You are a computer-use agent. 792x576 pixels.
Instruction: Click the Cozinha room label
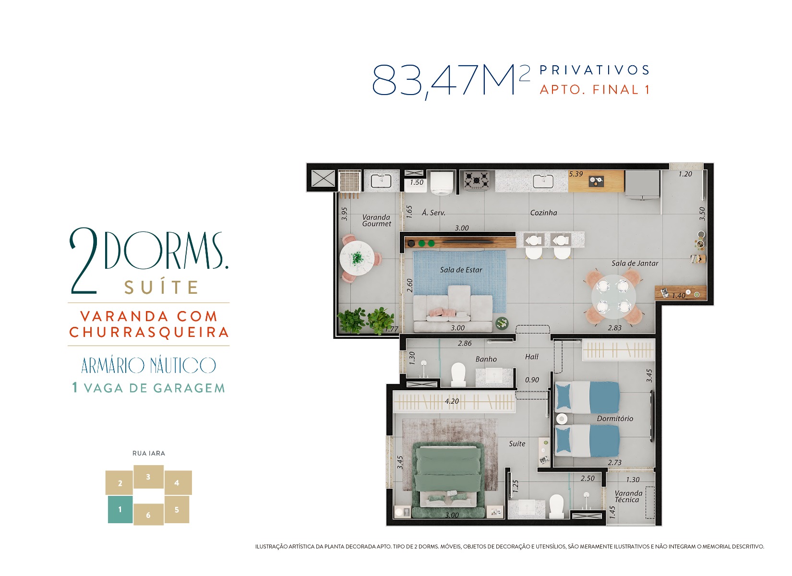coord(543,213)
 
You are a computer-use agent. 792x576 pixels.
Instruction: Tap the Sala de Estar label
coord(461,270)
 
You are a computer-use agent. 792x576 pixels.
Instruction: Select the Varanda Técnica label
coord(628,496)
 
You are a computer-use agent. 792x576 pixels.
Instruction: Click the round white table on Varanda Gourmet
coord(357,258)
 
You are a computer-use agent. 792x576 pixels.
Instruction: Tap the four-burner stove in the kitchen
coord(476,180)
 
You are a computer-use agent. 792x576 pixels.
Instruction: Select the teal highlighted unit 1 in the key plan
coord(120,509)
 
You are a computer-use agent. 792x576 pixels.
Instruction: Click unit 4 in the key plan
coord(178,482)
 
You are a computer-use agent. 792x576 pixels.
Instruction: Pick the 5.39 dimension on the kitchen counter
coord(576,174)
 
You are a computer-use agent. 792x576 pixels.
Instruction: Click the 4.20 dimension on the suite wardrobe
coord(452,401)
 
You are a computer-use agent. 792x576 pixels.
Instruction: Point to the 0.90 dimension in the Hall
coord(532,380)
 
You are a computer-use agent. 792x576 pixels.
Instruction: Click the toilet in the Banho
coord(458,374)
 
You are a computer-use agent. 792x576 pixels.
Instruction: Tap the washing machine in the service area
coord(442,182)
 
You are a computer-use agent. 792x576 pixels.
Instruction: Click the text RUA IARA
coord(148,453)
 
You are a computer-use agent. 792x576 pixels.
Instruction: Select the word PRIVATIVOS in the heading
coord(594,70)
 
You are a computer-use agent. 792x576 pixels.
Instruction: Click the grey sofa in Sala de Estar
coord(453,310)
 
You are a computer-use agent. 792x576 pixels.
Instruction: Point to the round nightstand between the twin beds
coord(562,419)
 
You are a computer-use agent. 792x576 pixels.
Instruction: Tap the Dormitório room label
coord(615,418)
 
